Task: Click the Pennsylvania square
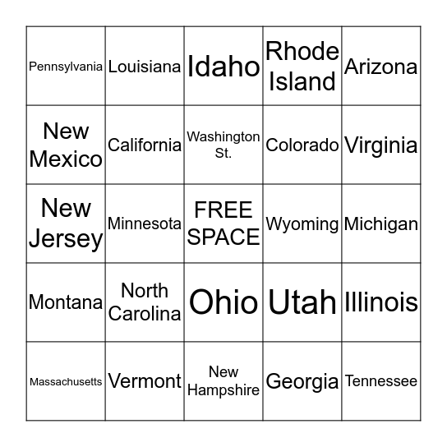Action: tap(66, 67)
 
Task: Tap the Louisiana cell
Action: tap(145, 67)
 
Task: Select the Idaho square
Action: tap(223, 67)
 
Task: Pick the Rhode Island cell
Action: tap(302, 67)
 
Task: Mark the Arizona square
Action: tap(381, 67)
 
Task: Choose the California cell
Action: tap(145, 145)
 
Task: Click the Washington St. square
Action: tap(223, 145)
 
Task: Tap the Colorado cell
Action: tap(302, 145)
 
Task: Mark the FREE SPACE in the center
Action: tap(223, 223)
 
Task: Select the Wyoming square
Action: tap(302, 223)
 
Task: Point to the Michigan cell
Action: tap(381, 223)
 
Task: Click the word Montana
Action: tap(66, 302)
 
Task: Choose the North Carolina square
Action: tap(145, 302)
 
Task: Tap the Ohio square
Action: tap(223, 302)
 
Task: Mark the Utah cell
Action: tap(302, 302)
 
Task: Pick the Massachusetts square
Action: tap(66, 381)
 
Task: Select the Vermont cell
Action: tap(145, 381)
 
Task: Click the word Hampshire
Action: tap(223, 390)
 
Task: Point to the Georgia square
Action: tap(302, 381)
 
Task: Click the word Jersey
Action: tap(66, 239)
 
